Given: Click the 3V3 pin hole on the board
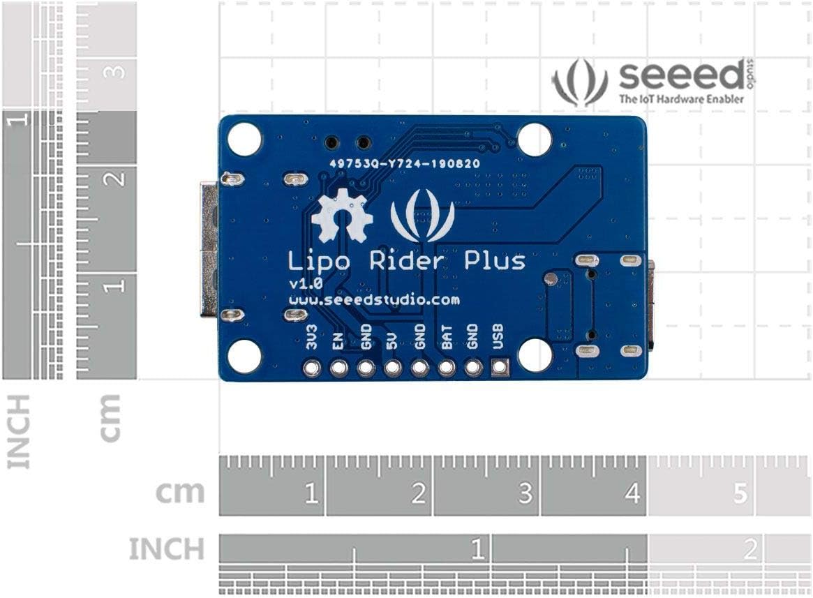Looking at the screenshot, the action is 312,368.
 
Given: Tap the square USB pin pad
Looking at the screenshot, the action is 499,368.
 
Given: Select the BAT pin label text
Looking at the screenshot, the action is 446,337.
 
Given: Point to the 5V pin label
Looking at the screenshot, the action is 392,341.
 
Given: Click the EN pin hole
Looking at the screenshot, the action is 338,368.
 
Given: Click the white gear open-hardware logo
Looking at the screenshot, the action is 342,215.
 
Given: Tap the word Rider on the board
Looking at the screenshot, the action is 407,260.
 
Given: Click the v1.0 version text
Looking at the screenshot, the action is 306,283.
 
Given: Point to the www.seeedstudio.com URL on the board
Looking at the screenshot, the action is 374,300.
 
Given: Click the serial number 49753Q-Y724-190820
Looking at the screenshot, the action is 405,164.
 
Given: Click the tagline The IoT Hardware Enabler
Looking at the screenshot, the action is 681,98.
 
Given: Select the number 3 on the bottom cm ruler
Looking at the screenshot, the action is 525,493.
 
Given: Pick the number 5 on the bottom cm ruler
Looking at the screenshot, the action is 740,493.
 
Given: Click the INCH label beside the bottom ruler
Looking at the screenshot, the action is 166,549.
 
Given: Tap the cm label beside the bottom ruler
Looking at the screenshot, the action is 181,493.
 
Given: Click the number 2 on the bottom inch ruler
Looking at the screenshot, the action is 749,550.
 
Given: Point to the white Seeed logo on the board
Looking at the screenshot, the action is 423,215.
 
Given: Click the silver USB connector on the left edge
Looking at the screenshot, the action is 209,249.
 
